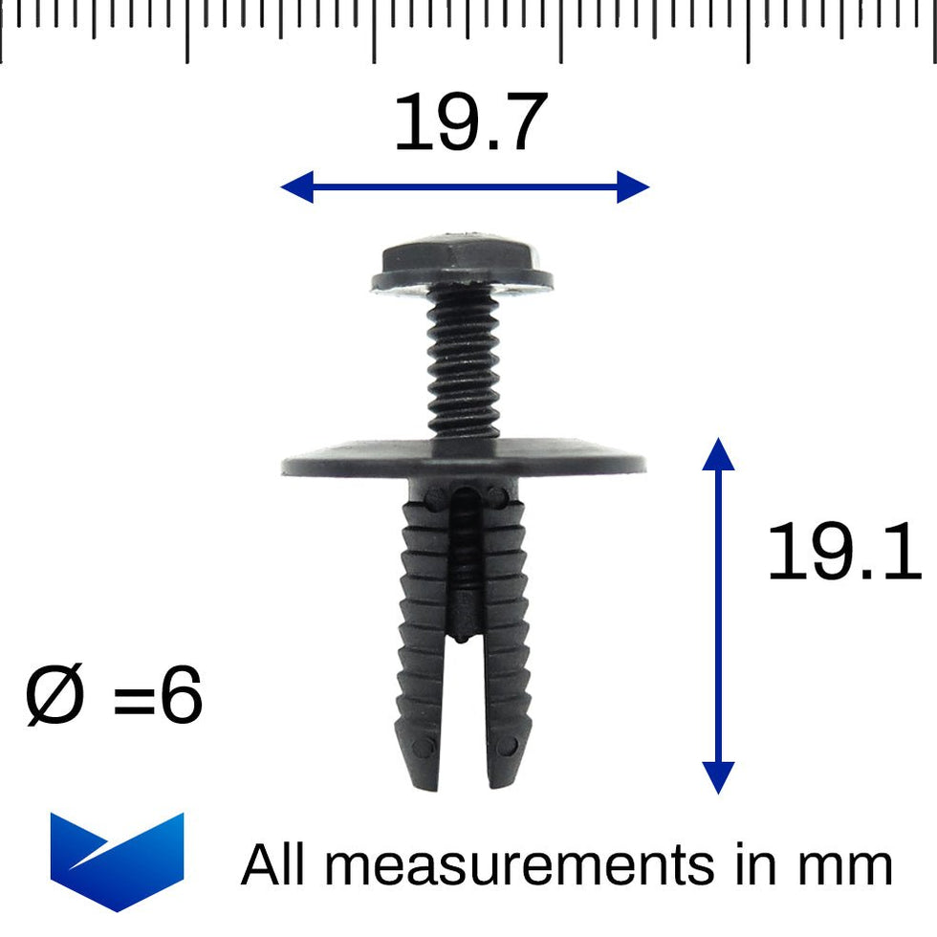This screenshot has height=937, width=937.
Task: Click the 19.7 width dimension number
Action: click(469, 123)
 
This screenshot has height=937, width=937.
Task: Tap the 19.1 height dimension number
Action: click(843, 554)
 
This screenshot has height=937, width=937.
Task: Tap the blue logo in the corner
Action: click(117, 860)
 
